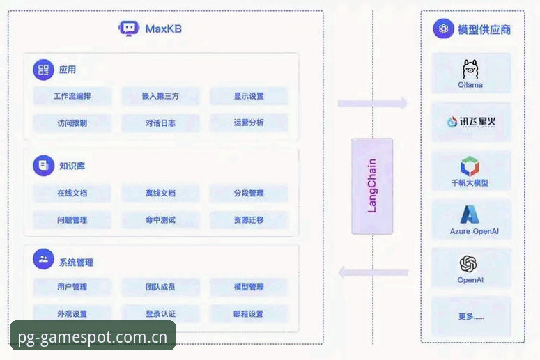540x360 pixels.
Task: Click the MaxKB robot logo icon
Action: pyautogui.click(x=129, y=29)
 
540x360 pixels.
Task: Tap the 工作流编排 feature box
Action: pyautogui.click(x=72, y=96)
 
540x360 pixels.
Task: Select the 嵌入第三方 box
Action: pyautogui.click(x=160, y=96)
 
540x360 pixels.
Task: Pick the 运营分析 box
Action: pyautogui.click(x=249, y=123)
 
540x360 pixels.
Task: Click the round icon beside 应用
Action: pyautogui.click(x=43, y=70)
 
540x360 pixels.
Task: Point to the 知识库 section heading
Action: pyautogui.click(x=72, y=166)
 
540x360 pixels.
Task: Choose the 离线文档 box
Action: pyautogui.click(x=160, y=193)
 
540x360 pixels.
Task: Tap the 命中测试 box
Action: pyautogui.click(x=160, y=220)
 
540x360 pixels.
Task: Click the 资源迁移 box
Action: pyautogui.click(x=249, y=220)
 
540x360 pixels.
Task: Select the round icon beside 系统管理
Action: pyautogui.click(x=43, y=259)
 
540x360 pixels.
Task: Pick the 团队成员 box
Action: pyautogui.click(x=160, y=287)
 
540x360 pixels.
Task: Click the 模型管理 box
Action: pyautogui.click(x=249, y=287)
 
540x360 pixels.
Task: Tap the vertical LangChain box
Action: pyautogui.click(x=372, y=186)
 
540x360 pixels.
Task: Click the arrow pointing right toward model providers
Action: pyautogui.click(x=372, y=103)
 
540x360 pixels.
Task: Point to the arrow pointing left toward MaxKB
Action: pyautogui.click(x=373, y=272)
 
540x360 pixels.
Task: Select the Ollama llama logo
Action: pyautogui.click(x=470, y=69)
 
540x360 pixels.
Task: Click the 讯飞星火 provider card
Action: pyautogui.click(x=471, y=121)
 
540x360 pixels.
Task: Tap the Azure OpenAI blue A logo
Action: pyautogui.click(x=470, y=214)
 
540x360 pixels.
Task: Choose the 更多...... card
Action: pyautogui.click(x=471, y=316)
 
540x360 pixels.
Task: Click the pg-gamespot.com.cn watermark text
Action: pyautogui.click(x=93, y=337)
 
